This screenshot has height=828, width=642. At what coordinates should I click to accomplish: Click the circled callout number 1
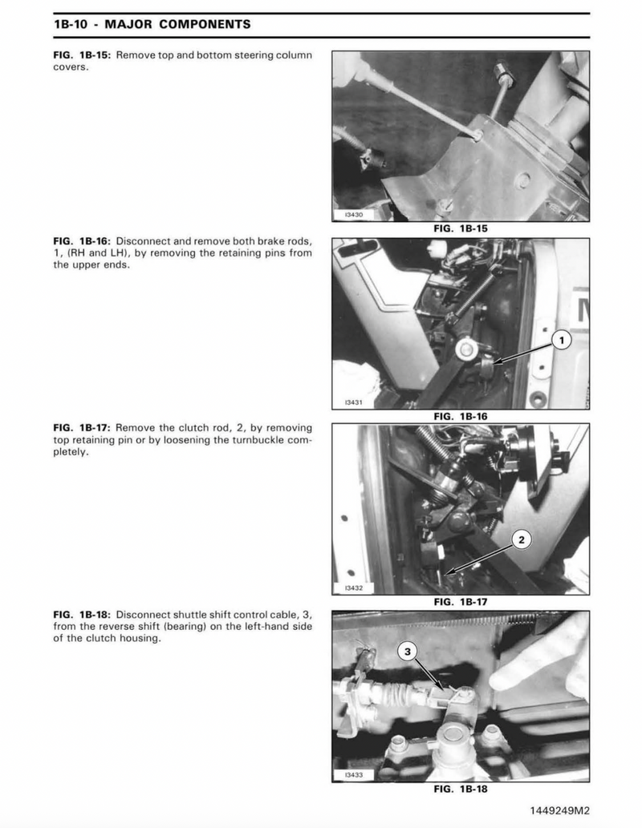(x=562, y=340)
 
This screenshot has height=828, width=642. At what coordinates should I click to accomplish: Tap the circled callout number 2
(x=522, y=539)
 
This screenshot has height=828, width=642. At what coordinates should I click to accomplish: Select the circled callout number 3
(x=407, y=652)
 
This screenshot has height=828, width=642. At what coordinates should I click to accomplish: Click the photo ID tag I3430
(x=354, y=215)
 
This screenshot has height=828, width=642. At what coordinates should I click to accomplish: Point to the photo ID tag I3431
(x=354, y=402)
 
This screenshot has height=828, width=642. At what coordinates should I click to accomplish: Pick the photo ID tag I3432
(x=354, y=588)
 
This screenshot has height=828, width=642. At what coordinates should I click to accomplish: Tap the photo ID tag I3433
(x=354, y=775)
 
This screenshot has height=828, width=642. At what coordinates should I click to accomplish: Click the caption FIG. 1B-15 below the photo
(x=461, y=228)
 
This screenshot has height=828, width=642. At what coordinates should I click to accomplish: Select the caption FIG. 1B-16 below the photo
(x=461, y=416)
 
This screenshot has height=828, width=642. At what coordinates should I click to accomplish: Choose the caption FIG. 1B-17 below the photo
(x=461, y=602)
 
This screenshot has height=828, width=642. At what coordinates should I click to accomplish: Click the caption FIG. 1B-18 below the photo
(x=461, y=789)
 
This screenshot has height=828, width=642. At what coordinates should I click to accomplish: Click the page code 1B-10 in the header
(x=71, y=24)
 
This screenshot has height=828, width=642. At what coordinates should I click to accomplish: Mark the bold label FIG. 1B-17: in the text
(x=82, y=428)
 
